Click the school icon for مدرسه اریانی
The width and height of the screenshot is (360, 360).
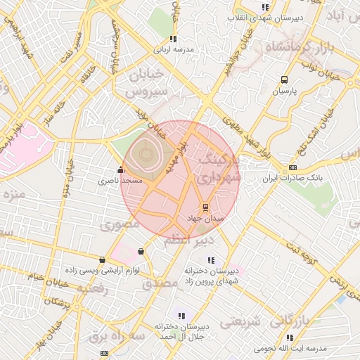pyautogui.click(x=174, y=39)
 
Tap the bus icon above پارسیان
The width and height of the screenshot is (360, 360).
pyautogui.click(x=284, y=80)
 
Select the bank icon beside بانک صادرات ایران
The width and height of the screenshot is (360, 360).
pyautogui.click(x=292, y=168)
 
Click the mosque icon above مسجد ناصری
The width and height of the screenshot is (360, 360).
pyautogui.click(x=120, y=169)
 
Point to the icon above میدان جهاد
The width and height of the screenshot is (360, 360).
pyautogui.click(x=205, y=207)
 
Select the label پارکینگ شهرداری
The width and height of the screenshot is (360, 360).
pyautogui.click(x=217, y=169)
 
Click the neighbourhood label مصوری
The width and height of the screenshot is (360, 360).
pyautogui.click(x=120, y=226)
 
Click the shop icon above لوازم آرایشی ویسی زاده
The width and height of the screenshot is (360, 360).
pyautogui.click(x=103, y=259)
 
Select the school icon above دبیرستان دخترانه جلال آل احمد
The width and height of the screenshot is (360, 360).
pyautogui.click(x=181, y=316)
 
